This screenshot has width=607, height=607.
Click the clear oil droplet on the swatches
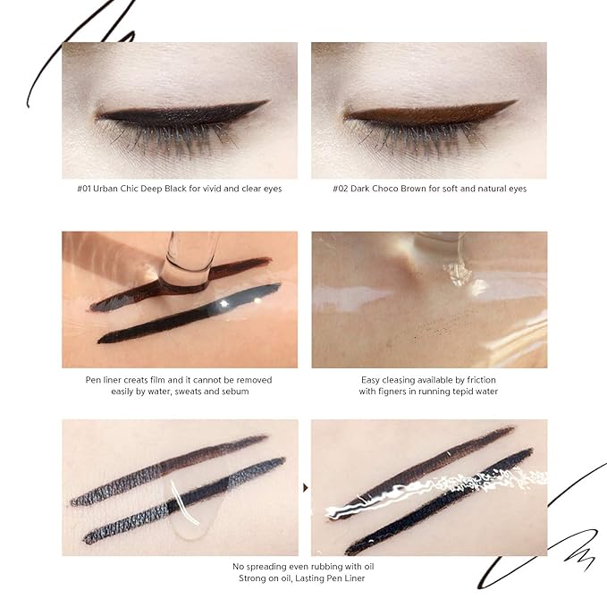190,510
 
